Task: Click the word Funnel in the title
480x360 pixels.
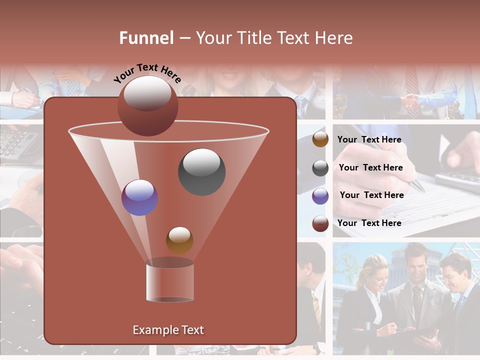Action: [146, 38]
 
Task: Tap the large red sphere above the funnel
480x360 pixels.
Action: [147, 105]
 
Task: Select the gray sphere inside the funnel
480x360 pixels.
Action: [201, 172]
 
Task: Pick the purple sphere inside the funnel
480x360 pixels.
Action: [139, 197]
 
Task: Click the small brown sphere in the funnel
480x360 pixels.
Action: [179, 240]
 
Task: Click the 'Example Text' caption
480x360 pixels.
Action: [168, 330]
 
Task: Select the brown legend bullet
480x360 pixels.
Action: [320, 139]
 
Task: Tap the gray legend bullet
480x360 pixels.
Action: [320, 168]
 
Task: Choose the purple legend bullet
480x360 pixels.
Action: [320, 196]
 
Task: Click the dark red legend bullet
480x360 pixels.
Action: [320, 223]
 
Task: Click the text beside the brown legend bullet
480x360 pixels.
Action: [369, 140]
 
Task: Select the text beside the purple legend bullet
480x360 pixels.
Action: [371, 195]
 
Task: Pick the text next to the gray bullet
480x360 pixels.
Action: [370, 168]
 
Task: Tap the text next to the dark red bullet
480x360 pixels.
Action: [369, 223]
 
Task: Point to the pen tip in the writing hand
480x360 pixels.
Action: [422, 190]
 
